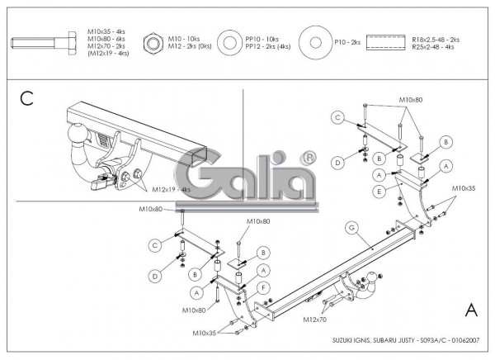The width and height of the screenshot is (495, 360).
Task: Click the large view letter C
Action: (x=26, y=99)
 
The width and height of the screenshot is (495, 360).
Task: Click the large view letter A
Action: (x=471, y=310)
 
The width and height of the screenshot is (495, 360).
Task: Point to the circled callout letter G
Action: (x=351, y=227)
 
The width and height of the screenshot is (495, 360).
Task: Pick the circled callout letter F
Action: (x=262, y=287)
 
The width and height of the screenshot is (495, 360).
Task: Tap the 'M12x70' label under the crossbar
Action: (x=313, y=319)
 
